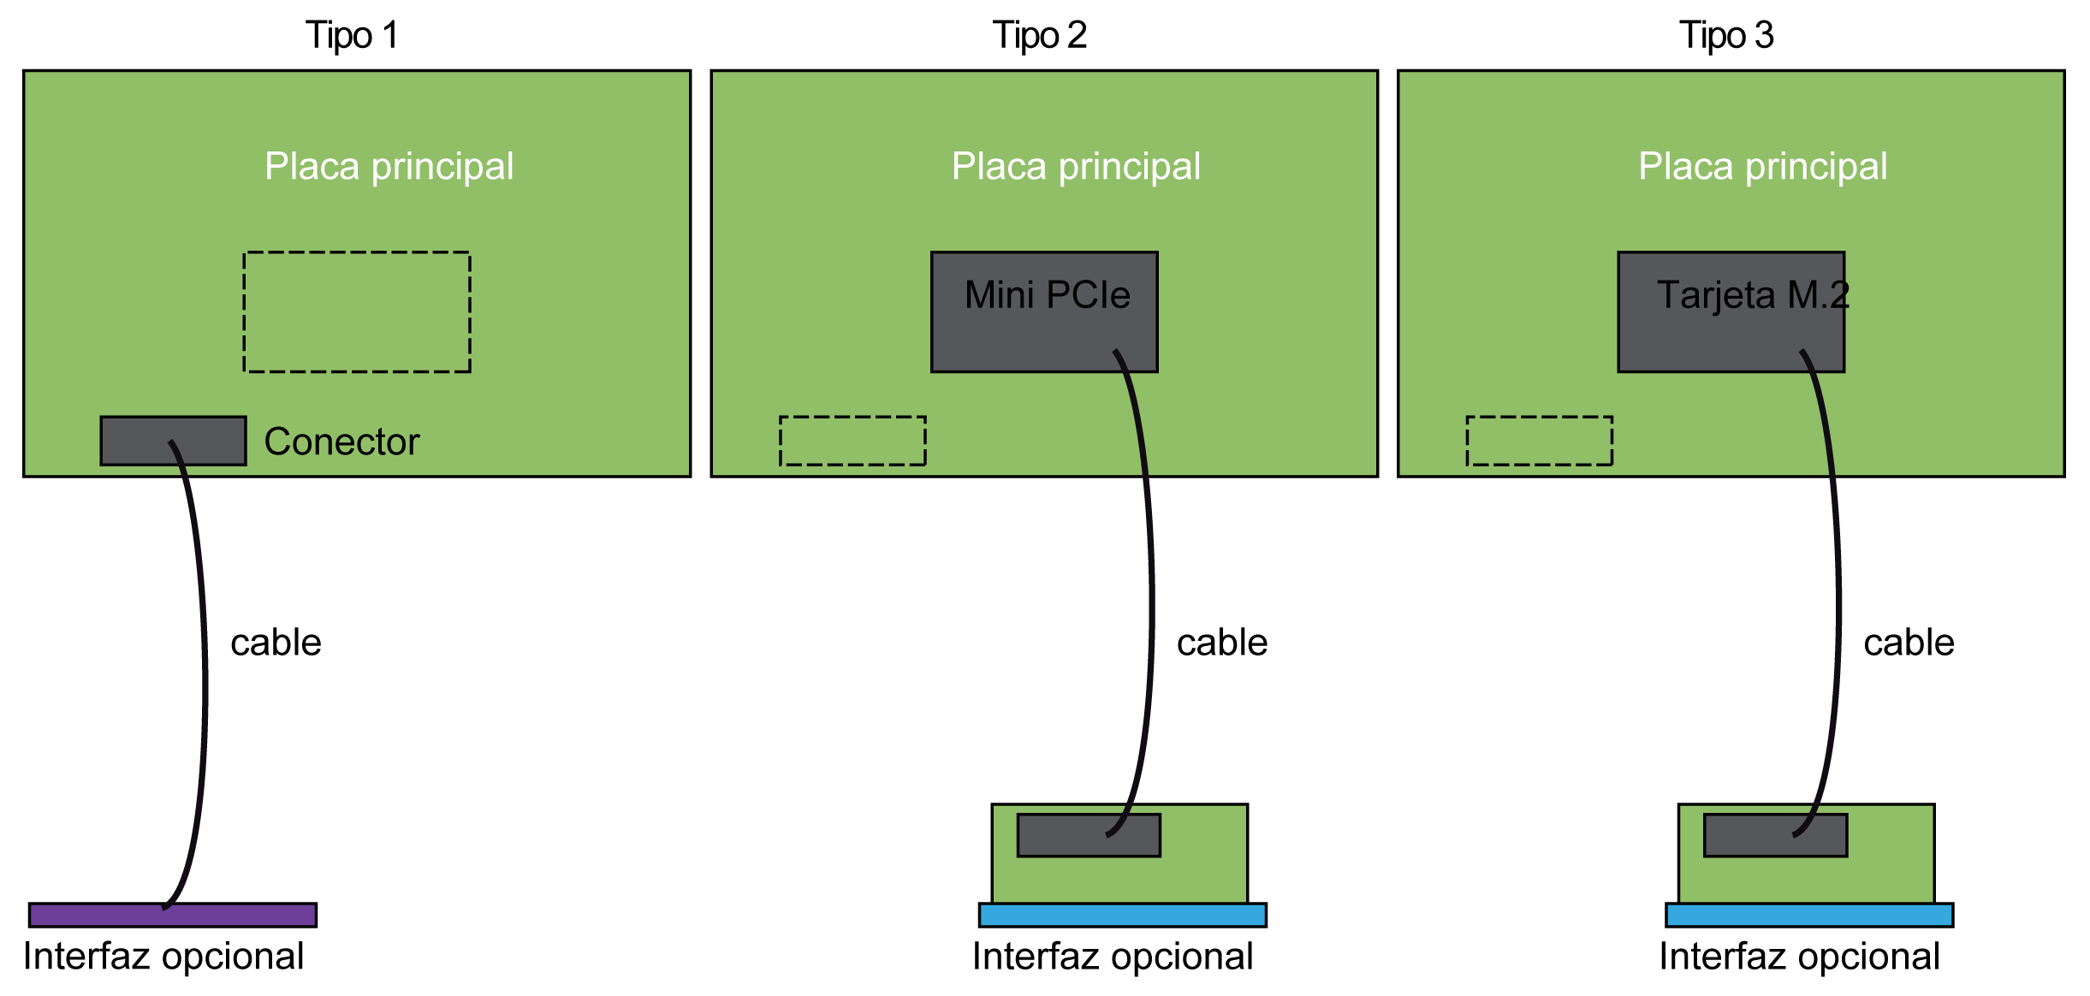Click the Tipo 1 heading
[x=352, y=36]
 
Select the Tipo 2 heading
[x=1039, y=36]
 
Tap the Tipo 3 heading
[x=1726, y=36]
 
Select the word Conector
[x=341, y=442]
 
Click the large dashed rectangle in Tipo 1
[x=357, y=311]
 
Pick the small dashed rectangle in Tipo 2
[x=852, y=441]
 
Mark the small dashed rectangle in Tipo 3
[x=1539, y=441]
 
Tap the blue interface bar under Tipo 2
[x=1122, y=915]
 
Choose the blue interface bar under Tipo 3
[x=1809, y=915]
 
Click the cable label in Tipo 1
[x=276, y=643]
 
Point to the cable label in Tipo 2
[x=1221, y=643]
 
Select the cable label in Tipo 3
[x=1909, y=643]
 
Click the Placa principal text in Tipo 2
[x=1076, y=166]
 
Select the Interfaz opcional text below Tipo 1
[x=163, y=957]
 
